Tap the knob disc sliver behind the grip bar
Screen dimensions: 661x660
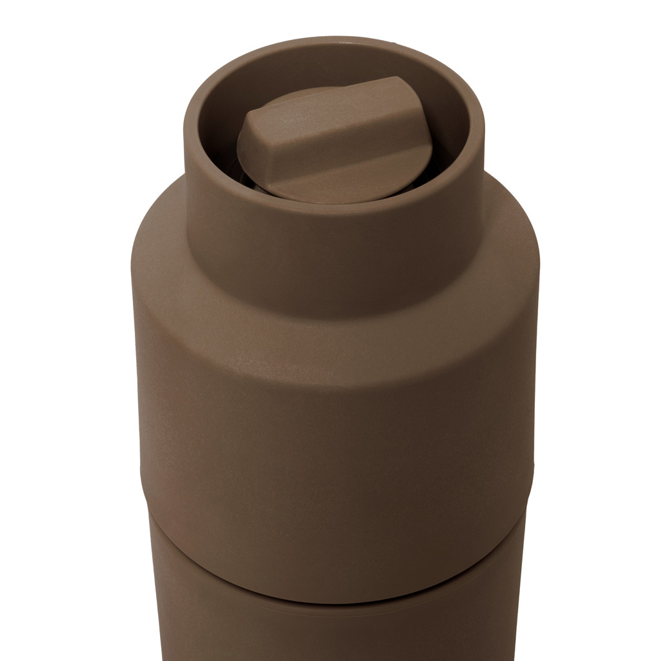290,98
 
